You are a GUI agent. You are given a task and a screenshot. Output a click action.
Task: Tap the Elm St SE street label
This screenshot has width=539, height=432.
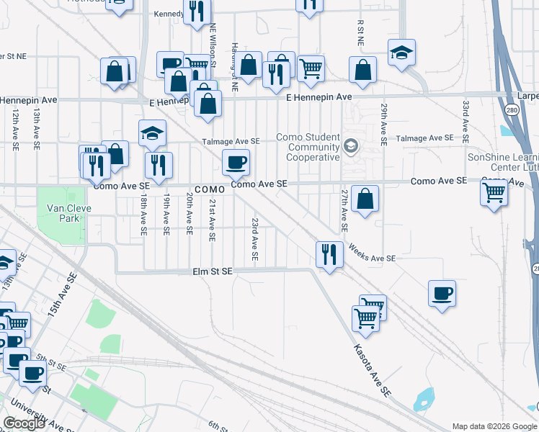click(213, 271)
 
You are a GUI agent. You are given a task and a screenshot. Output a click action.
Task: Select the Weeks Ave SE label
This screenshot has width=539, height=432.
click(372, 253)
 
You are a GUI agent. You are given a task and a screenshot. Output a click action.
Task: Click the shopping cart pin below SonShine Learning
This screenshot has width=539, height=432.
click(494, 192)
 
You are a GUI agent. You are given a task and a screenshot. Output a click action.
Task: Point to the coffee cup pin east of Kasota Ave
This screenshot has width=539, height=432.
click(442, 293)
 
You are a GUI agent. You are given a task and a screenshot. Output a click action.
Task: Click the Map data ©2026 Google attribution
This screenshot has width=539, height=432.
click(494, 426)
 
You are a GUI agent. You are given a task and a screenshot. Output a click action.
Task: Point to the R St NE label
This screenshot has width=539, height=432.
click(359, 33)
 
